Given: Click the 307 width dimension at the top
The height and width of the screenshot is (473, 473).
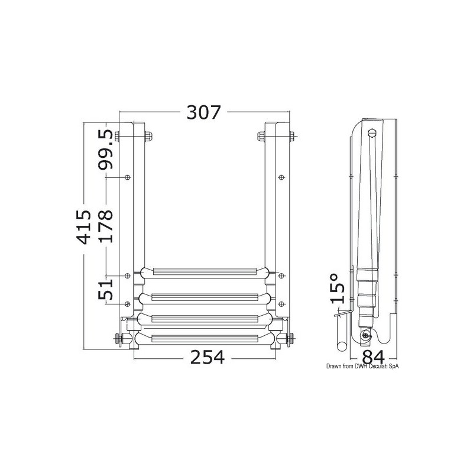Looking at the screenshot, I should pyautogui.click(x=203, y=112).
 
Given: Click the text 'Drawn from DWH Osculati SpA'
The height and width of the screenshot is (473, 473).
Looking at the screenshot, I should pyautogui.click(x=362, y=367).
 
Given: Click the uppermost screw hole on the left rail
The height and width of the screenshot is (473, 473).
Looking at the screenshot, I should pyautogui.click(x=128, y=177).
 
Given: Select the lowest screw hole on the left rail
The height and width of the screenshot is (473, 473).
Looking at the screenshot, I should pyautogui.click(x=127, y=304).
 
